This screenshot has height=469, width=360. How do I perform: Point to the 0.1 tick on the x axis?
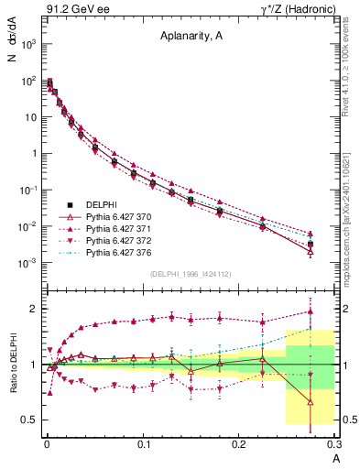(x=144, y=443)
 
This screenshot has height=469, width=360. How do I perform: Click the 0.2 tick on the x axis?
(x=239, y=443)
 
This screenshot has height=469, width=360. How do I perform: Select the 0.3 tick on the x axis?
(x=334, y=443)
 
